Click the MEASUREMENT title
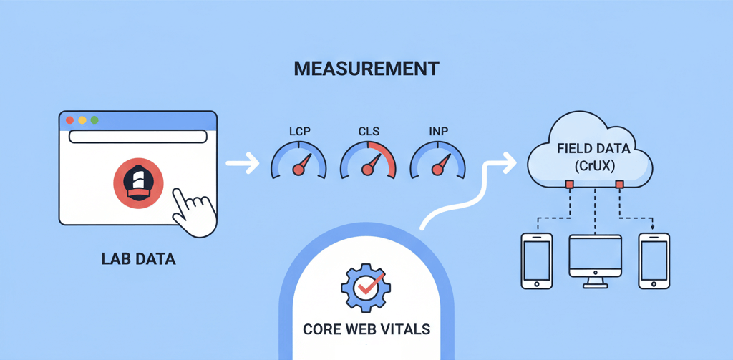click(x=366, y=69)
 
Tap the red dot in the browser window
click(x=70, y=120)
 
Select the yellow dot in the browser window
click(x=82, y=120)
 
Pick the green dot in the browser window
click(x=94, y=120)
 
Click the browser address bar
click(x=138, y=137)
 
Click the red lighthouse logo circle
click(x=138, y=183)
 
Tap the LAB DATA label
click(x=138, y=259)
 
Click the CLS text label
click(x=368, y=132)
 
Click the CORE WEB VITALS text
click(x=366, y=329)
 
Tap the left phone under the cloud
click(x=537, y=261)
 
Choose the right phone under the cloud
click(x=654, y=261)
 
